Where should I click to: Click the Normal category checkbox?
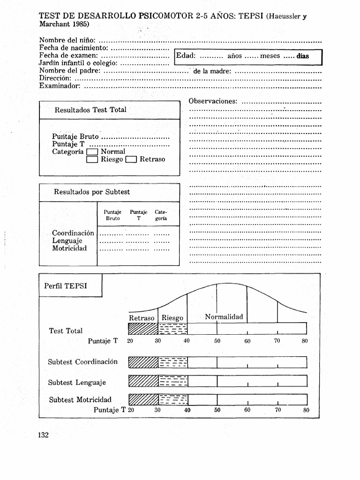[x=92, y=152]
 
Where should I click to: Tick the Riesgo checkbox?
[x=92, y=160]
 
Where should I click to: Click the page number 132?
[x=44, y=435]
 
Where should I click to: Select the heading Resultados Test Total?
[x=90, y=110]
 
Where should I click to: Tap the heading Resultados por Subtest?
[x=92, y=192]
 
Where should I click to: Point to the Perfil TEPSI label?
[x=66, y=286]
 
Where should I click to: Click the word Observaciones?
[x=213, y=101]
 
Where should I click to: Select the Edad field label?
[x=186, y=56]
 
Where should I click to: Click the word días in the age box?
[x=302, y=56]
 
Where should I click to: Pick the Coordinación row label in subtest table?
[x=73, y=233]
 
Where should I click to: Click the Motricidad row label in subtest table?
[x=69, y=248]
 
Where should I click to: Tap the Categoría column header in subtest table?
[x=161, y=215]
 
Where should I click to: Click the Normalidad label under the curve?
[x=224, y=317]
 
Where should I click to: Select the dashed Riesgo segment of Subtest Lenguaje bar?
[x=173, y=381]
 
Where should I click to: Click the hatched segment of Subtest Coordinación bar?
[x=143, y=362]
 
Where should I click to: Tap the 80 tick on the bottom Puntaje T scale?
[x=306, y=410]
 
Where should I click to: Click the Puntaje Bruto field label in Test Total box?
[x=75, y=137]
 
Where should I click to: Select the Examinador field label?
[x=60, y=86]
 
